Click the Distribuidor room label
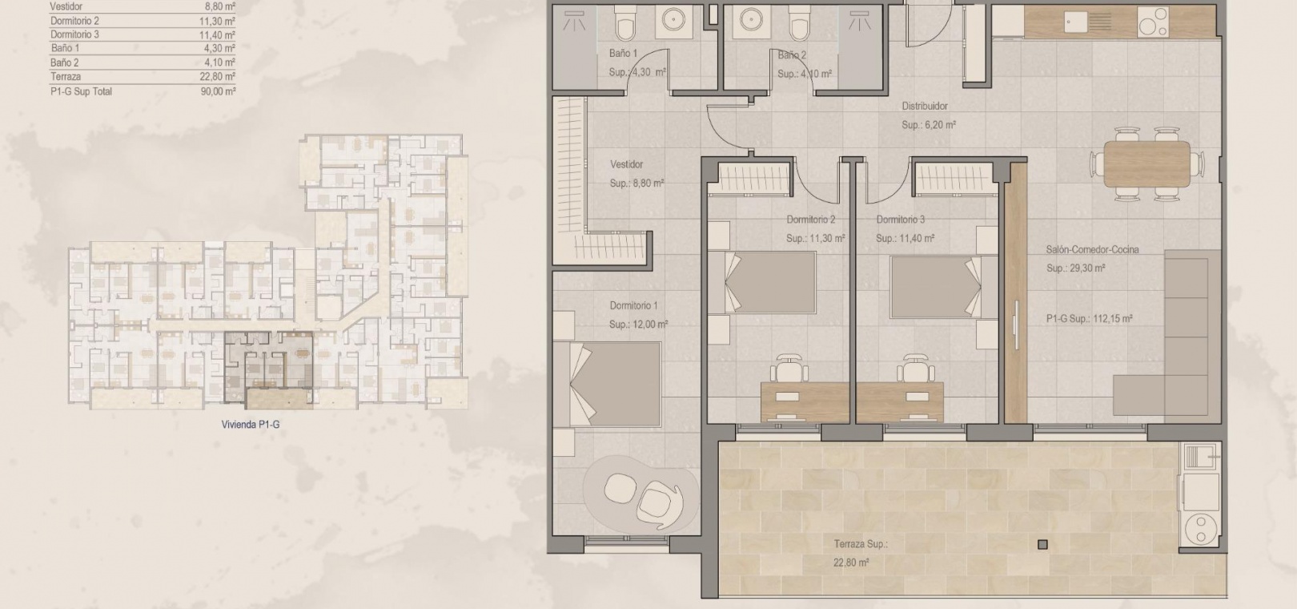[x=925, y=106]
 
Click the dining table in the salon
[x=1146, y=164]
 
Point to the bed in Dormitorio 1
[x=607, y=384]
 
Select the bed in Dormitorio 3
[x=936, y=287]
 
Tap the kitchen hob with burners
[x=1153, y=22]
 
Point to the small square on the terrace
[x=1042, y=544]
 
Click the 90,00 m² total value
[x=219, y=91]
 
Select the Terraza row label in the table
[x=66, y=76]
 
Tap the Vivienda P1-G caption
[x=250, y=424]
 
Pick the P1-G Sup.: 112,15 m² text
[x=1089, y=319]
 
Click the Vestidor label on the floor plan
[x=627, y=164]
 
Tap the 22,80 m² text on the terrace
[x=851, y=562]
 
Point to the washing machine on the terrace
[x=1201, y=526]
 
